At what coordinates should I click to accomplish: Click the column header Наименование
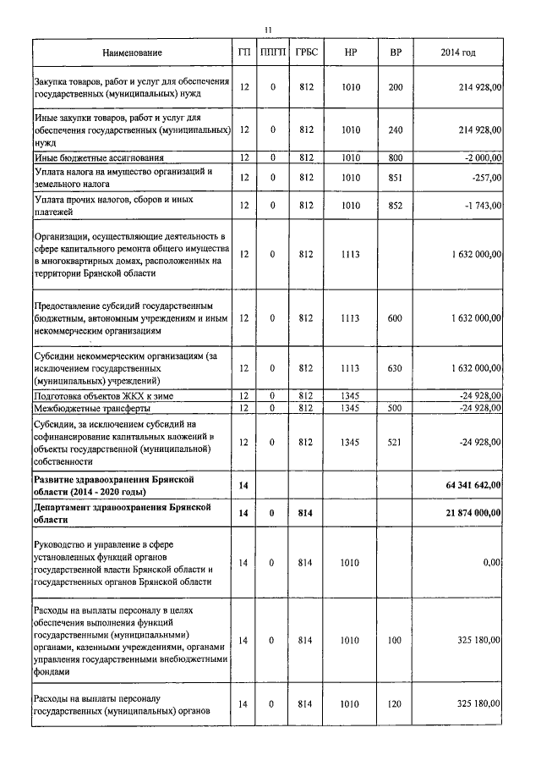click(x=132, y=53)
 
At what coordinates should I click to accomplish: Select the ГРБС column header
click(x=306, y=53)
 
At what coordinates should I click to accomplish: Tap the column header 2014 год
click(x=458, y=53)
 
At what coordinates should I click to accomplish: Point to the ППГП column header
click(x=273, y=53)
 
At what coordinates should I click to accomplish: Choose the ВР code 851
click(x=395, y=178)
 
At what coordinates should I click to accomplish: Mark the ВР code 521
click(x=395, y=441)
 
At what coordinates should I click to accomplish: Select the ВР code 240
click(x=395, y=130)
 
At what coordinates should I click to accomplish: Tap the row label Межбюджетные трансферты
click(x=93, y=408)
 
